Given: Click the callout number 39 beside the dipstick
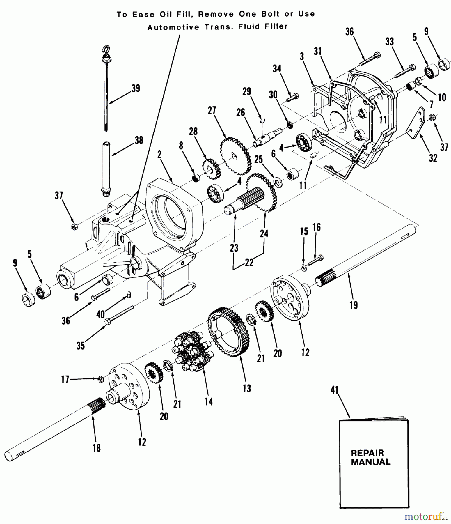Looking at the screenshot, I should pyautogui.click(x=135, y=88).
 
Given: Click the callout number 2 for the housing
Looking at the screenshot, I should pyautogui.click(x=159, y=154).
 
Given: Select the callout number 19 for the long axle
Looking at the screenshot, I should pyautogui.click(x=354, y=305).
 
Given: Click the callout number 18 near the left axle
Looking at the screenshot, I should pyautogui.click(x=97, y=447).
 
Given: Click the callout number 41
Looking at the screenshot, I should pyautogui.click(x=335, y=390).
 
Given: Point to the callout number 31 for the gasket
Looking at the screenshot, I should pyautogui.click(x=318, y=52).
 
